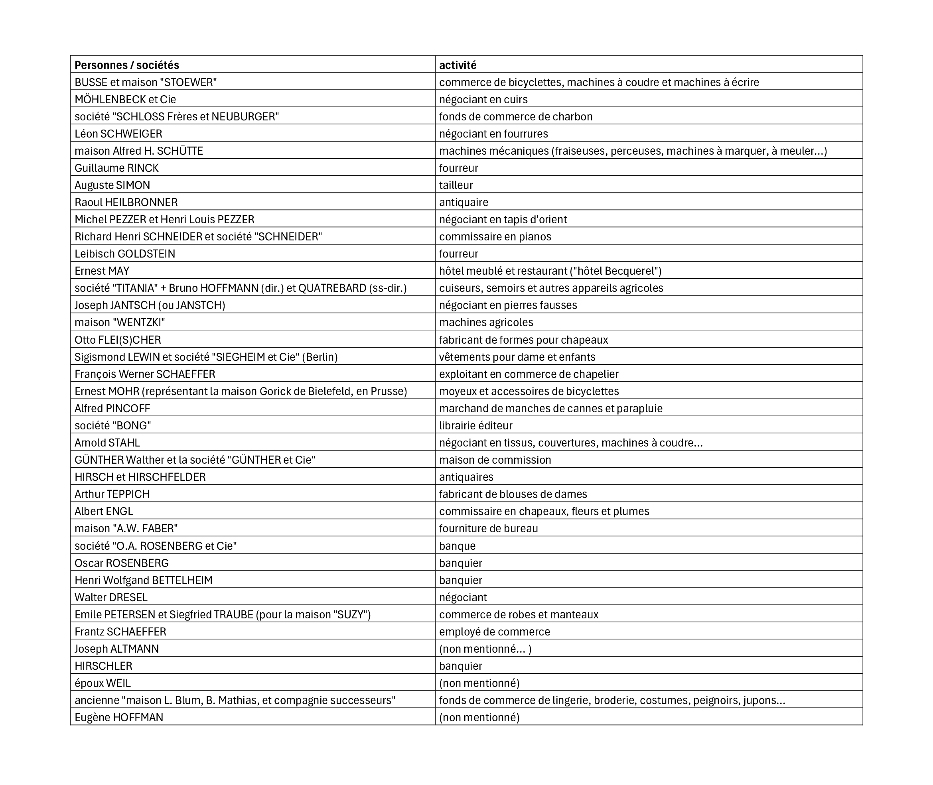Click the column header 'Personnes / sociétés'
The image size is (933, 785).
pos(127,65)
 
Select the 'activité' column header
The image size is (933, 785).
pos(458,65)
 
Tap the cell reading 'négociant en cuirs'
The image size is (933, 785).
pos(483,99)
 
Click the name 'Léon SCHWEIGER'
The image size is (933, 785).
pos(118,134)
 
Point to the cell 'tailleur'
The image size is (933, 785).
pos(456,185)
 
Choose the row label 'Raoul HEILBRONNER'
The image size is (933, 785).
pos(126,203)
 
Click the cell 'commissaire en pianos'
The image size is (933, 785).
pos(495,237)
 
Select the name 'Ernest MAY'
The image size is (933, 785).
pos(102,271)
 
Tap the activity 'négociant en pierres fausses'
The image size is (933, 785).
pos(508,305)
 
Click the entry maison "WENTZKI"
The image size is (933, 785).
pos(120,322)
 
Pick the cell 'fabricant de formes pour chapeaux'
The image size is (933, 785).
pos(523,340)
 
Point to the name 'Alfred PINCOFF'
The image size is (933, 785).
pos(112,409)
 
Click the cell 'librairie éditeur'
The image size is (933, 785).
pos(476,426)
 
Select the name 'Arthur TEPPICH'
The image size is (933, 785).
pos(112,494)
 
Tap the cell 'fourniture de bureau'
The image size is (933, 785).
pos(488,529)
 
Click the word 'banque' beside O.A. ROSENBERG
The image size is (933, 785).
pos(457,546)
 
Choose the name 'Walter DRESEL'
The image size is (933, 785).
pos(111,598)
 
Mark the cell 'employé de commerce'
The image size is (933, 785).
pos(495,632)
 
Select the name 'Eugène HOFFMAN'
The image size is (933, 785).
pos(119,717)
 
